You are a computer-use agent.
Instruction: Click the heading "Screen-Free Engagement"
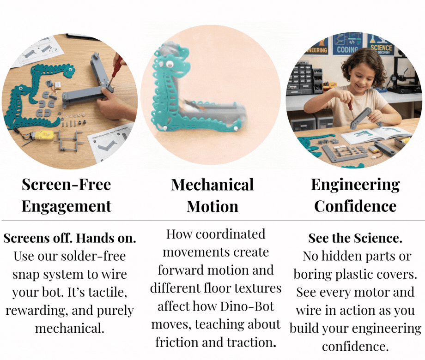(67, 195)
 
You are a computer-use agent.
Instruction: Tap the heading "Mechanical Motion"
(212, 195)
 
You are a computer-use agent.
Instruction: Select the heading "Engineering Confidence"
(355, 195)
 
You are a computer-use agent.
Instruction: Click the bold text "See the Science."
(355, 238)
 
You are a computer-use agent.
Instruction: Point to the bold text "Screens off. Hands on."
(70, 238)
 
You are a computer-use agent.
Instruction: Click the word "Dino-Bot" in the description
(247, 306)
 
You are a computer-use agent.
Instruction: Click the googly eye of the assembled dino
(170, 64)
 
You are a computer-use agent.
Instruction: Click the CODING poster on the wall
(348, 44)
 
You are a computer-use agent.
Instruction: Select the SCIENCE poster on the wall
(381, 45)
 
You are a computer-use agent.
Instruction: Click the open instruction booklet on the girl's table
(376, 134)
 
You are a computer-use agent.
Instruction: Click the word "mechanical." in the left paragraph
(70, 328)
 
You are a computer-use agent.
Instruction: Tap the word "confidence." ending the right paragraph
(355, 347)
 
